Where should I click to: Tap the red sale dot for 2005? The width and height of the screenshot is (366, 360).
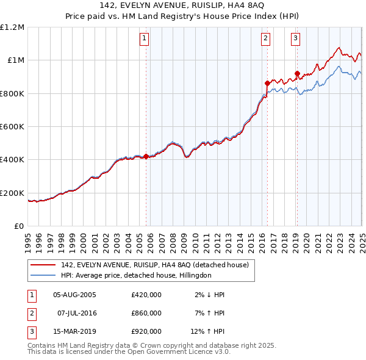(x=146, y=156)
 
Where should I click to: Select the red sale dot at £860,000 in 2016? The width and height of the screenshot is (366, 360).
(x=267, y=83)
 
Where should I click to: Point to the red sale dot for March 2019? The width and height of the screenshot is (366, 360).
(x=297, y=73)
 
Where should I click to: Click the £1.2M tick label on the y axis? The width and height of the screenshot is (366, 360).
(x=13, y=27)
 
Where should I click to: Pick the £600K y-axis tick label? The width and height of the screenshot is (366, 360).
(x=13, y=127)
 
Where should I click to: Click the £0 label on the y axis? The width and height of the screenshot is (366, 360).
(x=19, y=226)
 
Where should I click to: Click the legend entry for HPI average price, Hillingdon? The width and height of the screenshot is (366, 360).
(x=135, y=275)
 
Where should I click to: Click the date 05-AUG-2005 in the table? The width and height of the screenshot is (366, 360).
(x=75, y=295)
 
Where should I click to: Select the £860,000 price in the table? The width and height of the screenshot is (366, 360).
(x=146, y=313)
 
